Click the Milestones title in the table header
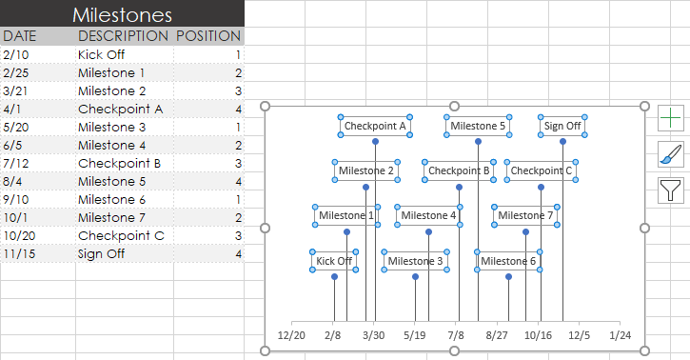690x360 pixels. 122,14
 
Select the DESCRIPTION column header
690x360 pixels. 122,35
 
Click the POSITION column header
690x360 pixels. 208,35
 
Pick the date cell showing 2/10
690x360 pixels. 14,54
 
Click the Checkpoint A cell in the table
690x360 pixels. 120,109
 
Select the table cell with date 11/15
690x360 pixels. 18,253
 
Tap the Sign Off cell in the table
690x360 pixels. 101,253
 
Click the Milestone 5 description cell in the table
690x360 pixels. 111,181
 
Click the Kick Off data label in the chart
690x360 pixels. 334,261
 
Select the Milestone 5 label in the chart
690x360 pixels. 478,125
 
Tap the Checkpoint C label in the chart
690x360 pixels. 541,170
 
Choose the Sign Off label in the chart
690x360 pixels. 562,125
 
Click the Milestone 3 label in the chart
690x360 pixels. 415,261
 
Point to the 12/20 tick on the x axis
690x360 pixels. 291,335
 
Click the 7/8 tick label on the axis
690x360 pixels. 456,335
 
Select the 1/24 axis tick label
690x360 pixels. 621,335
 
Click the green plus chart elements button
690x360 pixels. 671,118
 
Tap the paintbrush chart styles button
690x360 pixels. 671,153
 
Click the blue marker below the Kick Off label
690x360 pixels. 334,277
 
